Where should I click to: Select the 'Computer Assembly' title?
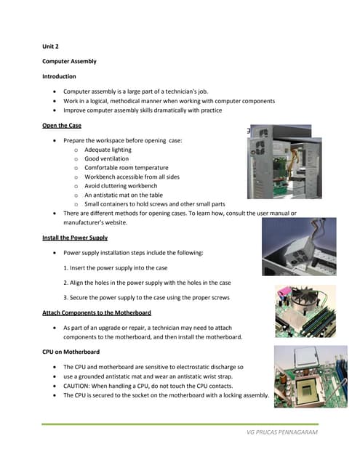pos(69,61)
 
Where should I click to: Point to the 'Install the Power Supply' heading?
pos(75,238)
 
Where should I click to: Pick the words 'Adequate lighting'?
pos(108,149)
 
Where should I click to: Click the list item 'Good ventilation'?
pos(106,158)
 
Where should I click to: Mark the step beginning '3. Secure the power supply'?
pos(148,298)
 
